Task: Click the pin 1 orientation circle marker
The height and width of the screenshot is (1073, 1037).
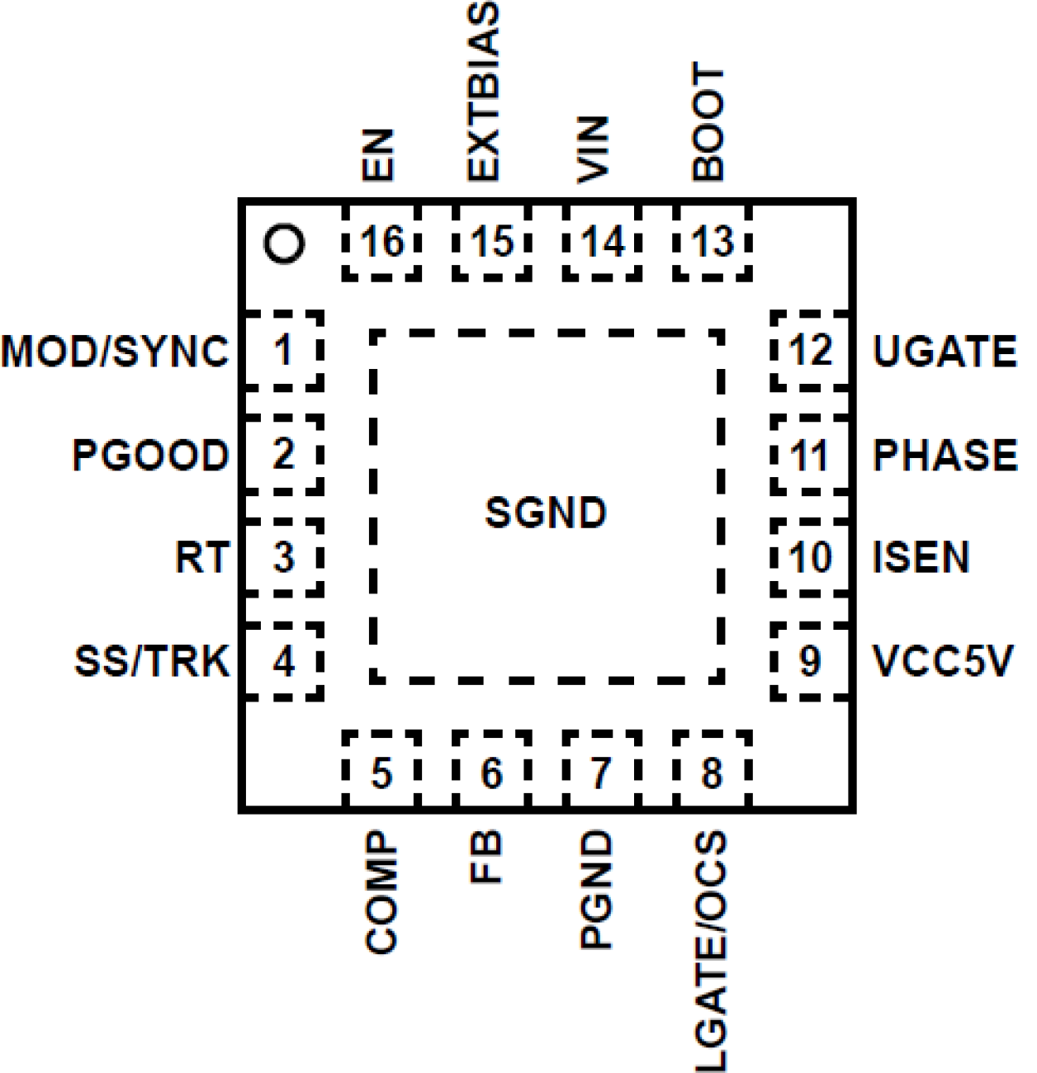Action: (284, 243)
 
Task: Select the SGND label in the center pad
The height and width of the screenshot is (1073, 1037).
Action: (545, 513)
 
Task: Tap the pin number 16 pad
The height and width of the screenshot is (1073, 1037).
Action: (381, 243)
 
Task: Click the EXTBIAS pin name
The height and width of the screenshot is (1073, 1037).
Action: (484, 92)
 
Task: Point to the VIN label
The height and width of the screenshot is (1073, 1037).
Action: (593, 149)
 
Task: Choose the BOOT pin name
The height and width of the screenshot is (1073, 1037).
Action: (708, 122)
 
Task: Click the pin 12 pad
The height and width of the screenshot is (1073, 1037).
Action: (810, 351)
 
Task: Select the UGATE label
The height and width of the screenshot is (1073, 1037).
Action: (945, 352)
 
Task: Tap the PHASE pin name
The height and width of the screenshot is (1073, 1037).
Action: (945, 456)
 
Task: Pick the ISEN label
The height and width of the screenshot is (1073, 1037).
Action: (921, 558)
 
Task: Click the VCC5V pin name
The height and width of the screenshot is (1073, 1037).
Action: (942, 661)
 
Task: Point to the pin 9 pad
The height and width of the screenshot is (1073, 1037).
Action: (810, 661)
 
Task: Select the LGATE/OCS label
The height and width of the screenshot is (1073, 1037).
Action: (710, 951)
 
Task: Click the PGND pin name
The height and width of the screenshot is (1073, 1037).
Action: (596, 890)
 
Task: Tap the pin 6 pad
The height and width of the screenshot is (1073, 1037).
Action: (491, 773)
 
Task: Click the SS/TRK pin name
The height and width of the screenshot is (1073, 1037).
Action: (152, 661)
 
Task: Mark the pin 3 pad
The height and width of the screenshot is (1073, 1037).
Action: (283, 558)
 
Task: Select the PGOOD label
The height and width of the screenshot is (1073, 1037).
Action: (150, 456)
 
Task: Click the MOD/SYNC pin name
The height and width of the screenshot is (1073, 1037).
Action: (115, 352)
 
